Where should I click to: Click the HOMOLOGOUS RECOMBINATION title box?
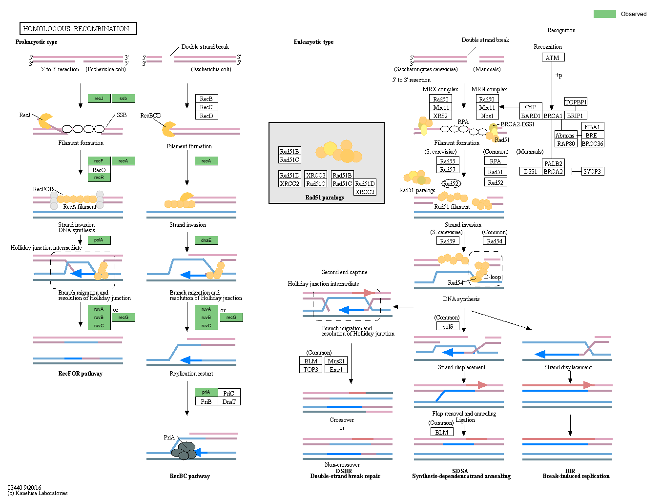(x=78, y=29)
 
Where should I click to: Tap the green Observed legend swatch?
(x=604, y=14)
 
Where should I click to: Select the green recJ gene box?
(x=99, y=99)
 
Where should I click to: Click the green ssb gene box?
(x=124, y=99)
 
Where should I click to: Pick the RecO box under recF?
(x=99, y=170)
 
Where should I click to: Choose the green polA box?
(x=99, y=240)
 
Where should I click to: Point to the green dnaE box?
(x=207, y=240)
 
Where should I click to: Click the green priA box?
(x=206, y=392)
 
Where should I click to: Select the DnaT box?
(x=229, y=401)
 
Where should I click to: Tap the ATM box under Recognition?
(x=553, y=58)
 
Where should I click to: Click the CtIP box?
(x=531, y=107)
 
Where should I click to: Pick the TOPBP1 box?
(x=576, y=102)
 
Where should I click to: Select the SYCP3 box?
(x=592, y=171)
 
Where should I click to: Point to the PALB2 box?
(x=553, y=163)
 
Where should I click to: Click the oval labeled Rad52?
(x=451, y=183)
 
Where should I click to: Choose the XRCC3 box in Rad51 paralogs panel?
(x=315, y=175)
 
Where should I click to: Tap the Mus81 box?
(x=336, y=361)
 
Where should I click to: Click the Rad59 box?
(x=448, y=241)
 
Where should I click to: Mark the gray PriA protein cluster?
(x=185, y=450)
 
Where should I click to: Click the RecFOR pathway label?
(x=81, y=374)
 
